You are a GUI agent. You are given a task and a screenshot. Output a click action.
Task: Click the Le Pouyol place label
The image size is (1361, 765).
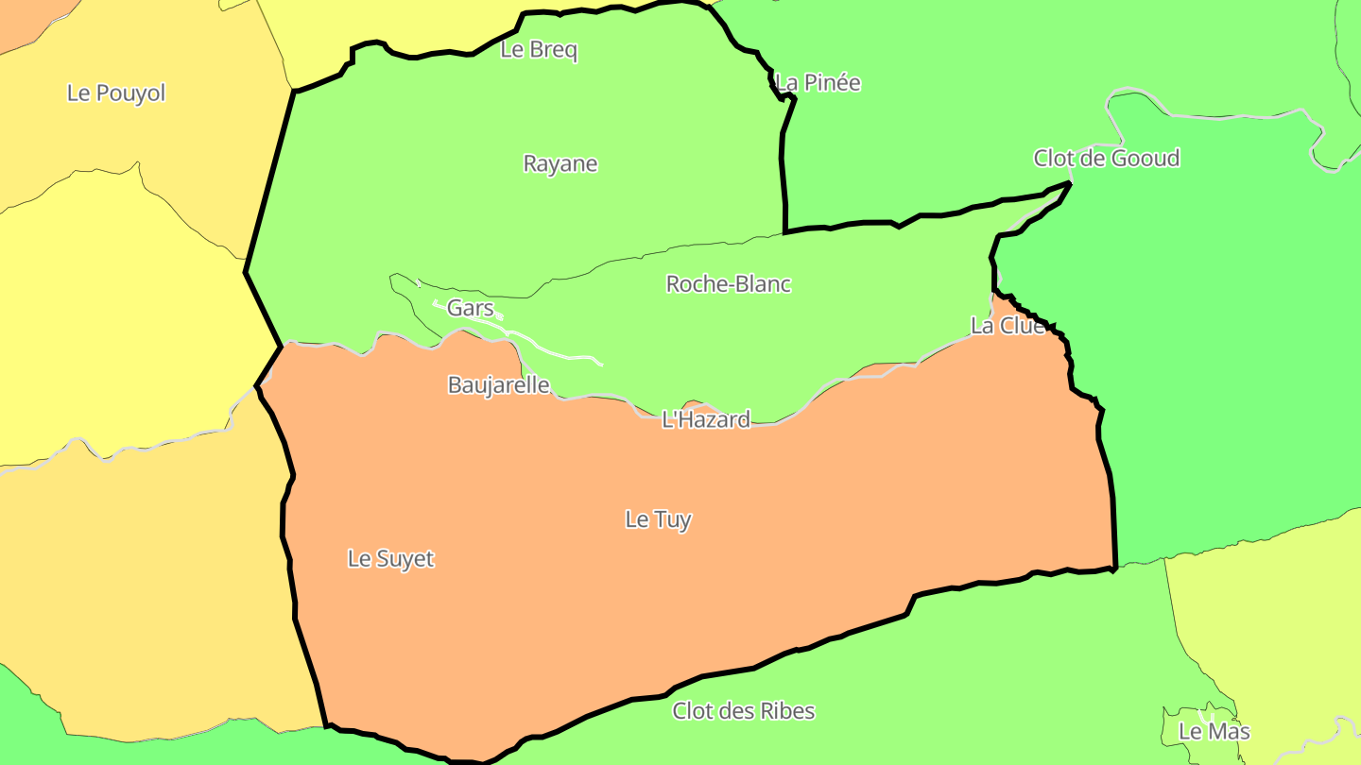pyautogui.click(x=116, y=93)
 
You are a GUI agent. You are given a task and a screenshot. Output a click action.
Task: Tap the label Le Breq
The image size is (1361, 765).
pyautogui.click(x=539, y=50)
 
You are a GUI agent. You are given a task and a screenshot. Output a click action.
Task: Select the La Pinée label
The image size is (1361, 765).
pyautogui.click(x=818, y=83)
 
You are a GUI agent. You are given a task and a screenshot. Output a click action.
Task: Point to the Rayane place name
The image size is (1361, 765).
pyautogui.click(x=560, y=163)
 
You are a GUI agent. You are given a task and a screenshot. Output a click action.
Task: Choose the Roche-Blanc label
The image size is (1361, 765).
pyautogui.click(x=728, y=283)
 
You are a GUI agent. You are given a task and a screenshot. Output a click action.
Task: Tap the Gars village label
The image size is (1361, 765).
pyautogui.click(x=470, y=308)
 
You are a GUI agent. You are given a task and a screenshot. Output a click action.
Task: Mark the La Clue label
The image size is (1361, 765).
pyautogui.click(x=1008, y=326)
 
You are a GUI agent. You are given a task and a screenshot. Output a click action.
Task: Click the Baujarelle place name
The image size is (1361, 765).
pyautogui.click(x=498, y=385)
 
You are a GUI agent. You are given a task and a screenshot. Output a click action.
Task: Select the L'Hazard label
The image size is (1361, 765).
pyautogui.click(x=706, y=419)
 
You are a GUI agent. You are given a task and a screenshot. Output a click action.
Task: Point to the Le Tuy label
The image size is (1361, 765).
pyautogui.click(x=658, y=519)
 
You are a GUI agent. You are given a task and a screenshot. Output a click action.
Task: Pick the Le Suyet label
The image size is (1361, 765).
pyautogui.click(x=390, y=558)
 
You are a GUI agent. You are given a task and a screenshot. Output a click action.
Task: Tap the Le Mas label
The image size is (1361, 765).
pyautogui.click(x=1214, y=731)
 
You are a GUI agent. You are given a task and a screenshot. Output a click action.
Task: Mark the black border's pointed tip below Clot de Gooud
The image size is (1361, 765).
pyautogui.click(x=1070, y=183)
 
